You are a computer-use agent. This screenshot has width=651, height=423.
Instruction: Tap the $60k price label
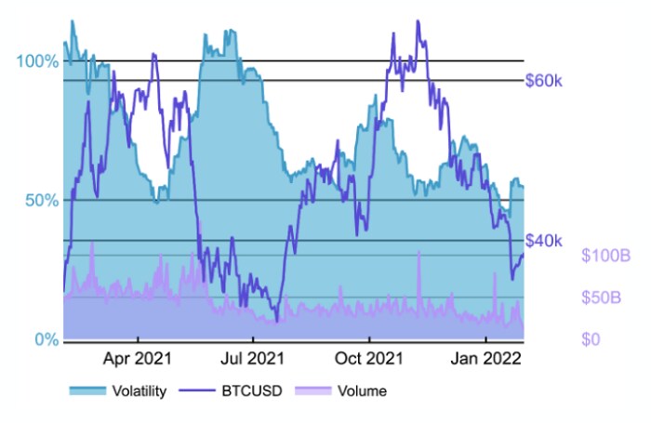pos(544,81)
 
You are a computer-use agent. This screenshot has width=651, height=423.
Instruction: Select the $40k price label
pos(544,241)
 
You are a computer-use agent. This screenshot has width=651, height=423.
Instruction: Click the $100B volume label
pos(604,256)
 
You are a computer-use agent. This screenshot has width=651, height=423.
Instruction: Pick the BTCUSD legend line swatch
pos(196,391)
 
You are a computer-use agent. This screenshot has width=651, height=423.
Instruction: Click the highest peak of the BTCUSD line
pos(418,20)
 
